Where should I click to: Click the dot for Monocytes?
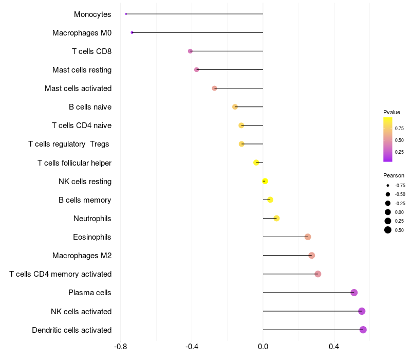[x=126, y=14]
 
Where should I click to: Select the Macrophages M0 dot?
[x=132, y=32]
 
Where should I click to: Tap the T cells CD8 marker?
[x=190, y=51]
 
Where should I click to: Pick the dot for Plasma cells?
[x=354, y=293]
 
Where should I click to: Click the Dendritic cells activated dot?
[x=363, y=330]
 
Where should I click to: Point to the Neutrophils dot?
[x=276, y=218]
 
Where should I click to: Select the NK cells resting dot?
[x=265, y=181]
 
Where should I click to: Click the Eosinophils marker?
[x=308, y=237]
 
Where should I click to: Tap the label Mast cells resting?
[x=82, y=70]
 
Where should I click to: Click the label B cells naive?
[x=90, y=107]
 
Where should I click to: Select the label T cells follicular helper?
[x=74, y=163]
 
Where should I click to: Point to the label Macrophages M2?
[x=82, y=256]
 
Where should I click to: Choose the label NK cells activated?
[x=81, y=312]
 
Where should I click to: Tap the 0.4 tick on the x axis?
[x=334, y=346]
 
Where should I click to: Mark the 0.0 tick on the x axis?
[x=263, y=346]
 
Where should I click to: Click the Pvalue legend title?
[x=391, y=112]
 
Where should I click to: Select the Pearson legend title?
[x=394, y=175]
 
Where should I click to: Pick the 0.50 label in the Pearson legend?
[x=400, y=230]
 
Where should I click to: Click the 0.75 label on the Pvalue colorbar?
[x=399, y=129]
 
